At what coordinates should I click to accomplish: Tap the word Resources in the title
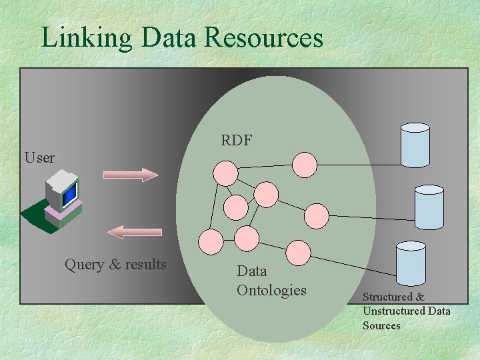pyautogui.click(x=264, y=37)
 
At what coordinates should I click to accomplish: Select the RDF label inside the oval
pyautogui.click(x=236, y=139)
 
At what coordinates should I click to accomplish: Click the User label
pyautogui.click(x=39, y=158)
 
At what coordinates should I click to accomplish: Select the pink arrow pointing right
pyautogui.click(x=131, y=175)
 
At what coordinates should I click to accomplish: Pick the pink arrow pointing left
pyautogui.click(x=135, y=231)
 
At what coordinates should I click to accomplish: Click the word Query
pyautogui.click(x=84, y=265)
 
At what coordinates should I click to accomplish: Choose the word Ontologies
pyautogui.click(x=271, y=291)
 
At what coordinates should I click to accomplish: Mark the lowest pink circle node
pyautogui.click(x=299, y=253)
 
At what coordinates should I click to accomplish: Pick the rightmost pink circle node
pyautogui.click(x=317, y=215)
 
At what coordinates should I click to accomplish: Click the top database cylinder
pyautogui.click(x=415, y=145)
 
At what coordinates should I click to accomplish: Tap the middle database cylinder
pyautogui.click(x=429, y=207)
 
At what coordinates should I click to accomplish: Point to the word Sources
pyautogui.click(x=381, y=326)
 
